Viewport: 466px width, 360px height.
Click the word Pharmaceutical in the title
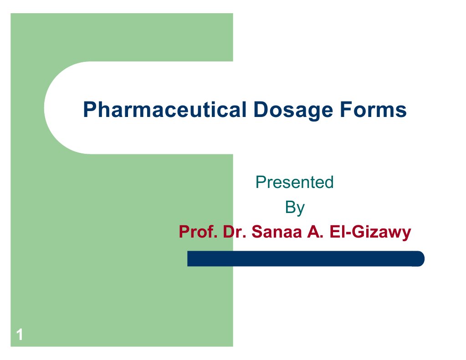point(161,111)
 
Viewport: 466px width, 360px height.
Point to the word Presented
point(295,183)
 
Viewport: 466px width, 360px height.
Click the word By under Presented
point(295,208)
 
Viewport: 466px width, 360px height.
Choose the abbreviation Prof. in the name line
point(195,233)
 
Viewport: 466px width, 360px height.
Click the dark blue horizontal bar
point(305,259)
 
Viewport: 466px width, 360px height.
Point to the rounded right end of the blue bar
point(420,259)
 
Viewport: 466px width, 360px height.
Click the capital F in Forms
point(354,111)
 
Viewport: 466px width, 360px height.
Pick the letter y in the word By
point(300,209)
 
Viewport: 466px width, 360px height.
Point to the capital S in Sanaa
point(256,233)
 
